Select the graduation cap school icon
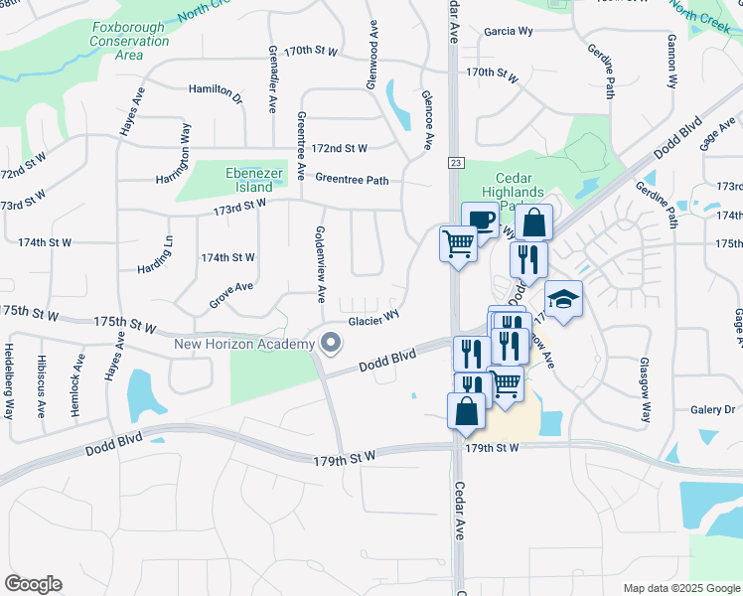click(563, 299)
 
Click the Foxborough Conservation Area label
click(129, 41)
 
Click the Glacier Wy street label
click(373, 321)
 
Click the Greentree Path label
click(352, 180)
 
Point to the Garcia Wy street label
click(509, 32)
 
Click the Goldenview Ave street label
click(320, 263)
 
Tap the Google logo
click(33, 584)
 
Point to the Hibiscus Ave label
click(41, 382)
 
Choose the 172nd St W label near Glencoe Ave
click(339, 148)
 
